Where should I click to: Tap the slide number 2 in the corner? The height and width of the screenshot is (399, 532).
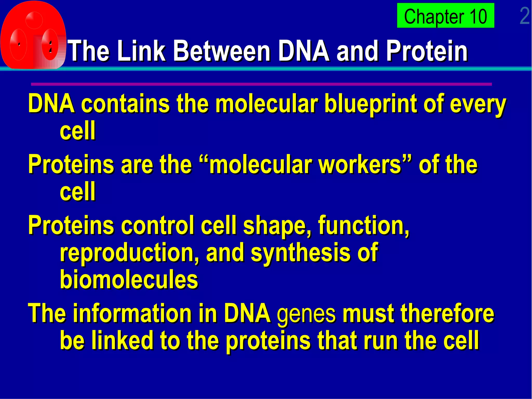coord(524,16)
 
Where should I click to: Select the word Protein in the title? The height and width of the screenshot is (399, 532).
coord(427,51)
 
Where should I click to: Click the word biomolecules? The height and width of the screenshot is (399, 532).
coord(129,280)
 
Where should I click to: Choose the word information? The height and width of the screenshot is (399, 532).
coord(132,313)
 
